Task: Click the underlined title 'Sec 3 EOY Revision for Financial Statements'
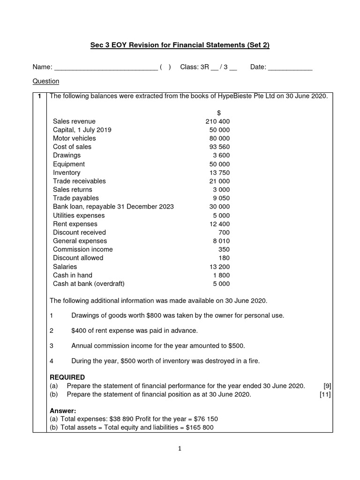coord(180,45)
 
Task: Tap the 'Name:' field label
coord(42,67)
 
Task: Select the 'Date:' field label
coord(258,67)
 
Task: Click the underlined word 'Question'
coord(45,81)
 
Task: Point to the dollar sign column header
coord(219,113)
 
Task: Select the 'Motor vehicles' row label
coord(74,138)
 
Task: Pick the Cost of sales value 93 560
coord(219,147)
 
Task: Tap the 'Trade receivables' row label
coord(79,181)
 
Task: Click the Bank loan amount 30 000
coord(219,207)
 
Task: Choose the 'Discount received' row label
coord(79,232)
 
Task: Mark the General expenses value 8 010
coord(221,241)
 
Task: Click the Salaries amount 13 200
coord(219,267)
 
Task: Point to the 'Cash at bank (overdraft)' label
coord(89,284)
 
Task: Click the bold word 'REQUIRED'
coord(67,377)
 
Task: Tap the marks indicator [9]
coord(327,386)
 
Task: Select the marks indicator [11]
coord(325,394)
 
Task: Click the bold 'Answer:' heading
coord(63,411)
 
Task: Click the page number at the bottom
coord(180,448)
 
